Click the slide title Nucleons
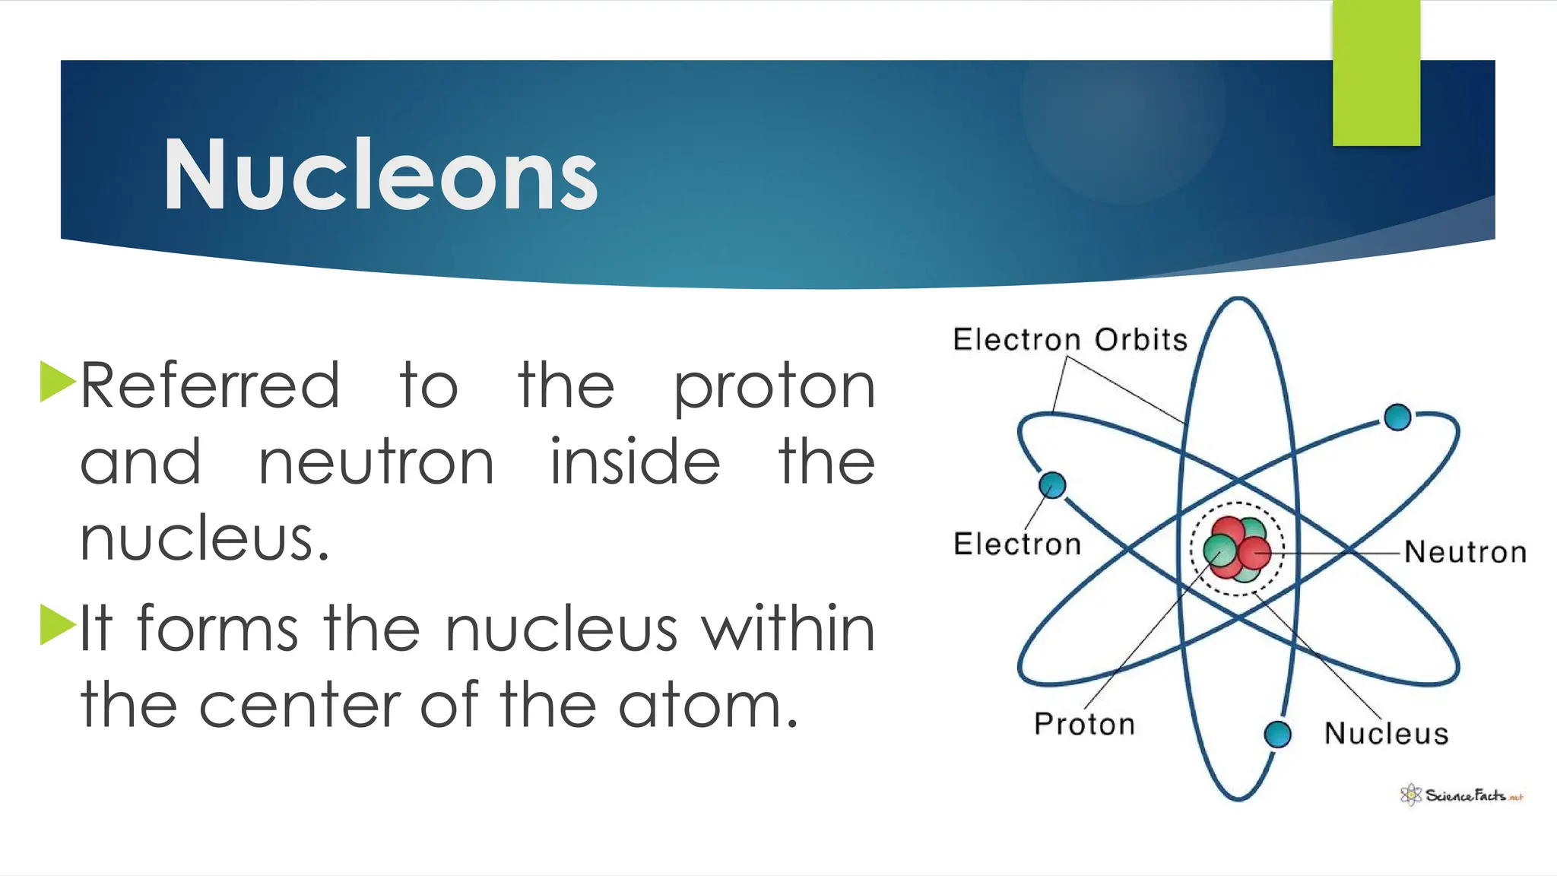(380, 175)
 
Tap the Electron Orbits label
(1070, 339)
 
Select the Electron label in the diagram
(1016, 544)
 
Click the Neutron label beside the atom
(1465, 552)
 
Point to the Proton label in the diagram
(1084, 724)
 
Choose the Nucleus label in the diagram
(1386, 734)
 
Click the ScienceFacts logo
(1461, 795)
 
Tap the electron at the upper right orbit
(1397, 417)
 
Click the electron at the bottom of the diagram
(1277, 734)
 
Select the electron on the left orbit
(1052, 484)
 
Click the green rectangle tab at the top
(1376, 72)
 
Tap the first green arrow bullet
(56, 381)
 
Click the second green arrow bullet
(56, 624)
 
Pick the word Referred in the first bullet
(210, 386)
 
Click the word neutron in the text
(376, 462)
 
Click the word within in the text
(788, 629)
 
